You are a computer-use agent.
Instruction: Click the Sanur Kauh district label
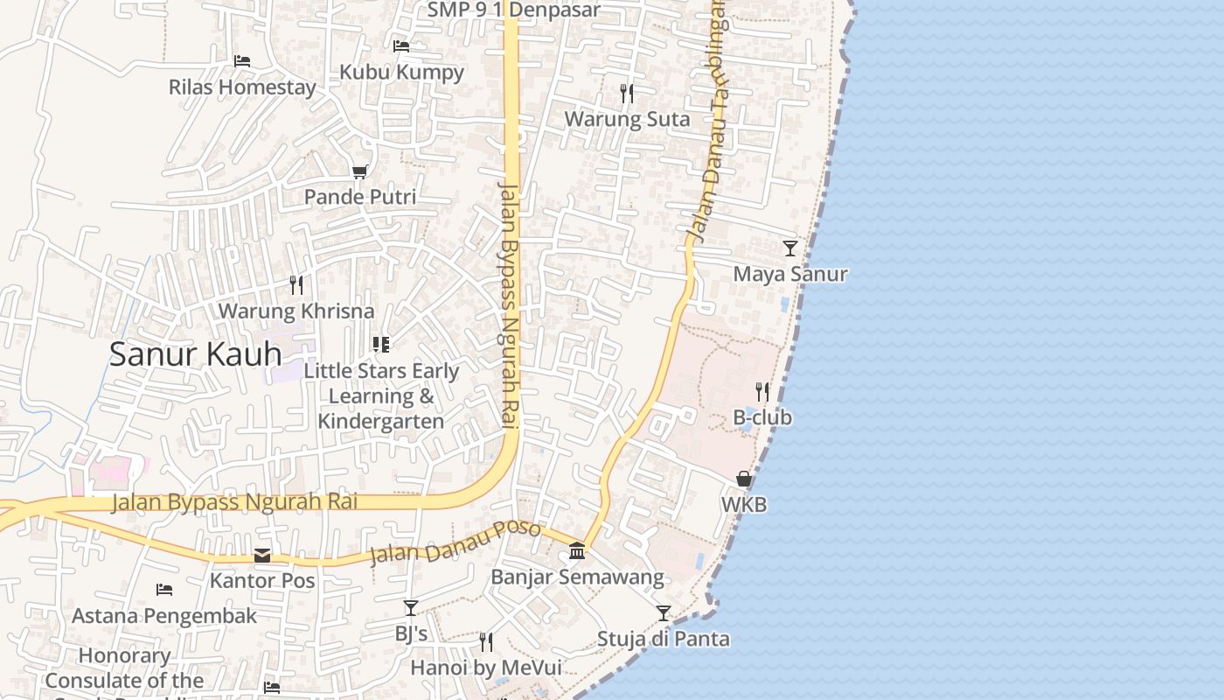(196, 354)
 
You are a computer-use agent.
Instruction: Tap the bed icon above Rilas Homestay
(242, 61)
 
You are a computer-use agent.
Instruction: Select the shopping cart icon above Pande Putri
(359, 171)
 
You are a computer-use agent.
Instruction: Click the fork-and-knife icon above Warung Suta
(626, 93)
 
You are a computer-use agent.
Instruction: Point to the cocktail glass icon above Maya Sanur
(790, 248)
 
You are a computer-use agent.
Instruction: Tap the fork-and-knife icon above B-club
(762, 391)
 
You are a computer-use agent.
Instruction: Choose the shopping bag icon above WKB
(744, 479)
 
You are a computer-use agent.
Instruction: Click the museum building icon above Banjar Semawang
(577, 551)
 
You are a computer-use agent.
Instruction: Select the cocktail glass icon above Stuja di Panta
(664, 612)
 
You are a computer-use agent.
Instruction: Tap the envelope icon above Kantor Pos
(262, 556)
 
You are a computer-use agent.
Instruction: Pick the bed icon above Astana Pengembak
(163, 590)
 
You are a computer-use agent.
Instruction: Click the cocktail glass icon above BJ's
(410, 607)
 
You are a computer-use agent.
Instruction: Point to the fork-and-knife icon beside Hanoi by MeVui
(486, 642)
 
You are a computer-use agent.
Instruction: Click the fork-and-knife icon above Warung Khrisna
(296, 285)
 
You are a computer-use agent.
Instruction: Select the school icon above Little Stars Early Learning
(380, 345)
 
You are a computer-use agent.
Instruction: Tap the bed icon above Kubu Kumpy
(401, 46)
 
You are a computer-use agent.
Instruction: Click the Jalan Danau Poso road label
(456, 542)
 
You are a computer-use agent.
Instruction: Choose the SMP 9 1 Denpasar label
(514, 10)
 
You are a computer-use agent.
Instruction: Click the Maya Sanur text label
(790, 274)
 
